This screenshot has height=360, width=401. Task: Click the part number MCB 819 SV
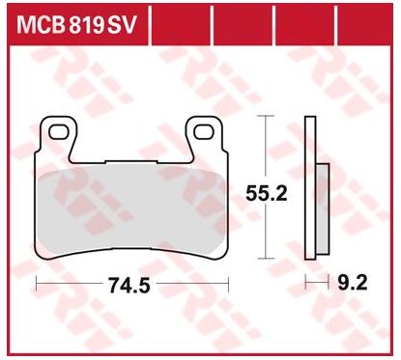[77, 25]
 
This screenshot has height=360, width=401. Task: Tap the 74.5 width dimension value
[129, 286]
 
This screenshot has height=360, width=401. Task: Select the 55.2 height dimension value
[266, 194]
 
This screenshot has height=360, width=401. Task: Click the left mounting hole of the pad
[59, 132]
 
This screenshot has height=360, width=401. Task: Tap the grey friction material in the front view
[132, 210]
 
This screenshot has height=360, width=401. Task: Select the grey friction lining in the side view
[323, 208]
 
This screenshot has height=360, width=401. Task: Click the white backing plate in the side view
[310, 187]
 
